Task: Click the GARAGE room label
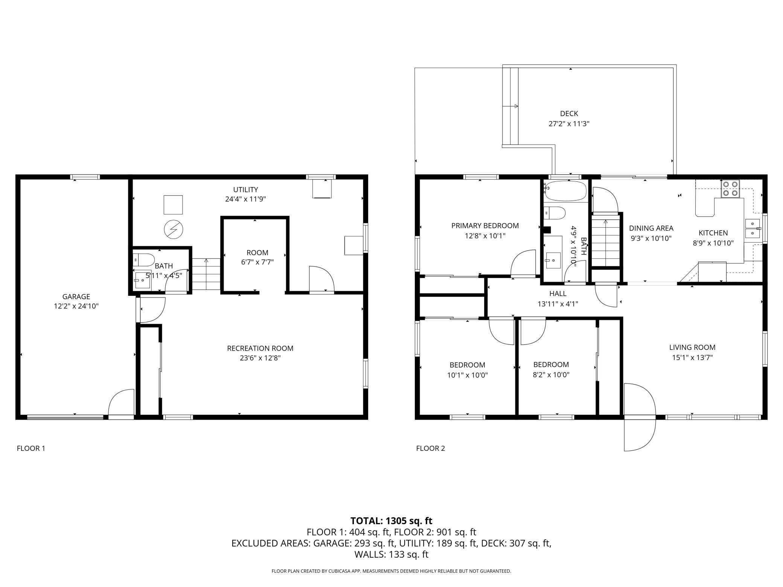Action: point(76,297)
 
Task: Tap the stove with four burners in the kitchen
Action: point(730,189)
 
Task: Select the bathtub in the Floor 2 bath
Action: point(566,191)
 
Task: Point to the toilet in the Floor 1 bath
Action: point(144,260)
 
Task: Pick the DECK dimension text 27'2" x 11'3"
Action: point(569,123)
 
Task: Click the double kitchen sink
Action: point(753,228)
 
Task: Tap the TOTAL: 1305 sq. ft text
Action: point(391,521)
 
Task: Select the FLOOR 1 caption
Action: point(31,448)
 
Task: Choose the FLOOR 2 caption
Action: point(431,448)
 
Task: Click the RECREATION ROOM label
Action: point(260,348)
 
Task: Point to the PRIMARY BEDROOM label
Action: point(485,226)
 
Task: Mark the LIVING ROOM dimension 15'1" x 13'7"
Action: point(692,357)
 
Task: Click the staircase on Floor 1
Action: point(206,274)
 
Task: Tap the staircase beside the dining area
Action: point(605,241)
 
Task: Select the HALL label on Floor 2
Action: point(558,293)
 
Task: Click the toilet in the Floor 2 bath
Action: point(554,213)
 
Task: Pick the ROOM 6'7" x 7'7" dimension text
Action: point(257,262)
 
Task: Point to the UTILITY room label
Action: point(245,190)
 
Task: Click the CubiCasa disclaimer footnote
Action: point(391,571)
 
